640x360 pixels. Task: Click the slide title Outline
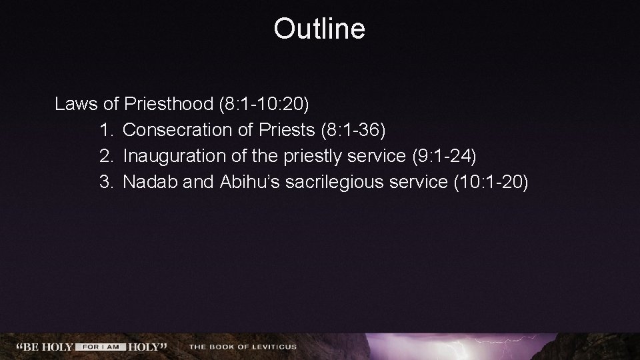319,29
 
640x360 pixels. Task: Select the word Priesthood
171,104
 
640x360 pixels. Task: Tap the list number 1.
106,130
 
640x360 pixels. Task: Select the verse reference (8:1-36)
353,130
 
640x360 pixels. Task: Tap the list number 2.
106,156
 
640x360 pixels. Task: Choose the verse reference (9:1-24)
444,156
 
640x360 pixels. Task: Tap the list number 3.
106,182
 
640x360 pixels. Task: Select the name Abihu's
249,182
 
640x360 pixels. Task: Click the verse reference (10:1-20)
490,182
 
